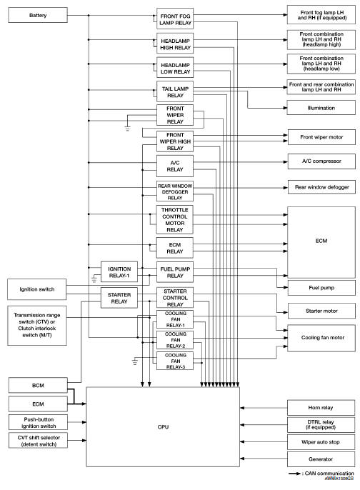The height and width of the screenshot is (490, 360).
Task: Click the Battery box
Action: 37,15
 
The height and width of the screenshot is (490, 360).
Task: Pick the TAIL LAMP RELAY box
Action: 176,90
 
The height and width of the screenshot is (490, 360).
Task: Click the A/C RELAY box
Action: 176,166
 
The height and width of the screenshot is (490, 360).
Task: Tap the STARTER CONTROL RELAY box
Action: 176,297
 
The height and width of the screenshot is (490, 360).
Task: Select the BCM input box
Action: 37,384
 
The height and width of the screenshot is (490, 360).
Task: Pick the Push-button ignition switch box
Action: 37,422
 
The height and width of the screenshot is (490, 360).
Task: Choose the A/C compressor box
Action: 321,161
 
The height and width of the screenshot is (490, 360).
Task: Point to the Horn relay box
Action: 321,407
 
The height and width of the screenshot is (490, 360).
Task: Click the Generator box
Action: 321,459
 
